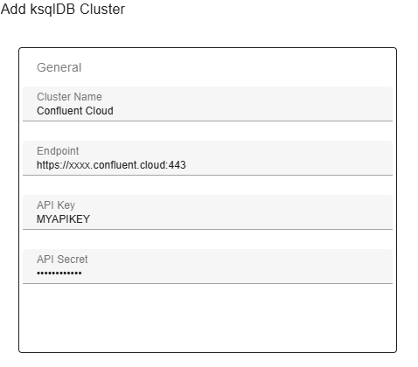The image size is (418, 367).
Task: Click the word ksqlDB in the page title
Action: point(53,10)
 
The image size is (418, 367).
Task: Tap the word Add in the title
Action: point(13,9)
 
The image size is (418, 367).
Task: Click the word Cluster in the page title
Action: point(102,9)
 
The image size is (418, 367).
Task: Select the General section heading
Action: point(59,67)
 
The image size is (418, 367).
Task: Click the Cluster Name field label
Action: point(69,97)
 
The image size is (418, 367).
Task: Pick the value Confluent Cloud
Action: point(75,111)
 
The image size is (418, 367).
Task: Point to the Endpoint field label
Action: point(58,151)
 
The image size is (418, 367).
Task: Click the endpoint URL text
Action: point(111,165)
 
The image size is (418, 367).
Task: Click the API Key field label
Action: point(56,205)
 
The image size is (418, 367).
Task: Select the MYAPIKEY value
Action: point(63,219)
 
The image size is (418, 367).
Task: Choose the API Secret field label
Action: point(62,260)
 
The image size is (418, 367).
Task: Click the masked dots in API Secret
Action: point(59,274)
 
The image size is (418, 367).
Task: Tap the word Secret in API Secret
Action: point(73,260)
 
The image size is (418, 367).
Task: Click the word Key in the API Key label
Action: point(66,205)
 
